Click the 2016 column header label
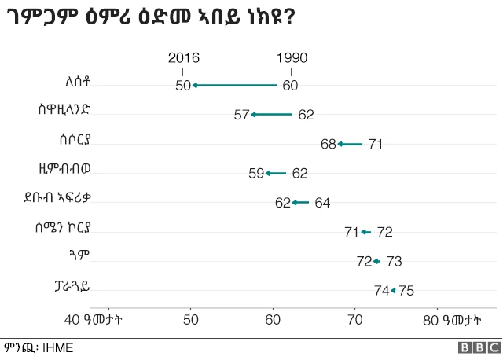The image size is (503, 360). tap(184, 58)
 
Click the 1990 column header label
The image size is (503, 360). tap(292, 58)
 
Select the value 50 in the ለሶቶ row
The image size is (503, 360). tap(183, 86)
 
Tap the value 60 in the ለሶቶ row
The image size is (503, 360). tap(291, 86)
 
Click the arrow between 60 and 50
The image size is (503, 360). tap(235, 85)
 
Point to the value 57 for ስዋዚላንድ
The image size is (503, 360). tap(241, 115)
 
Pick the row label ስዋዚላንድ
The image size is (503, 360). tap(68, 110)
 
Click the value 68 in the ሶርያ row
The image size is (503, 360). tap(329, 144)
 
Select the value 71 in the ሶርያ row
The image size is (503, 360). tap(376, 144)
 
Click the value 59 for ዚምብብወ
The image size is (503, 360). tap(256, 174)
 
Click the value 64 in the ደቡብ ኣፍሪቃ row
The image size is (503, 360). tap(322, 203)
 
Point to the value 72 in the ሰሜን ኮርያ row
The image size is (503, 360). tap(384, 232)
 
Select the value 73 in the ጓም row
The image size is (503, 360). tap(394, 261)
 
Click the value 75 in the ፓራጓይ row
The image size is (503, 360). tap(406, 290)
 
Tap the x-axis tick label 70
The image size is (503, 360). tap(354, 319)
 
